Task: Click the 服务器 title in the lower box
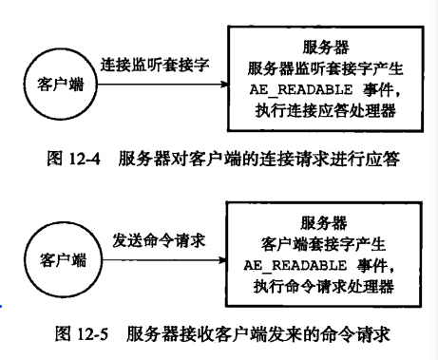pos(323,222)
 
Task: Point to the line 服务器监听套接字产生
pos(323,67)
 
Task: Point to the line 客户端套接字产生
pos(323,243)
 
